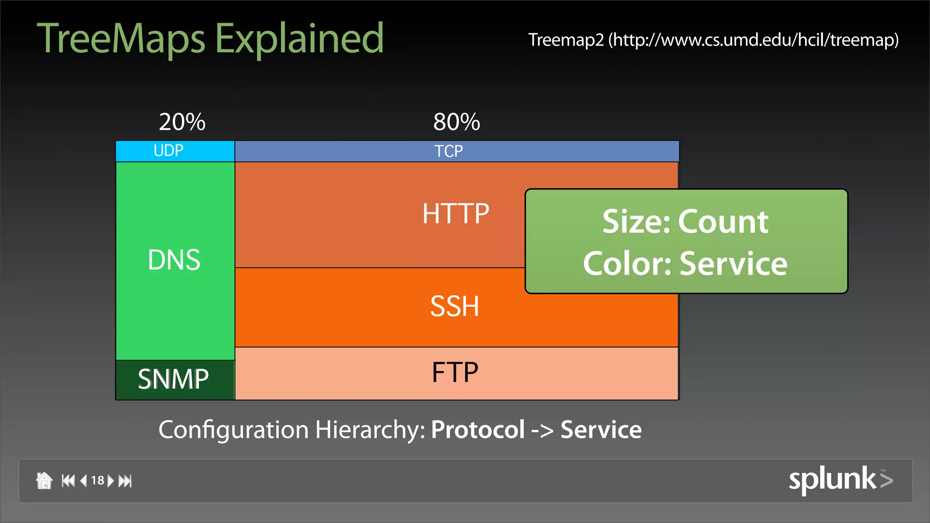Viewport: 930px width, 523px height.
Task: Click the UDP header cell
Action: (175, 151)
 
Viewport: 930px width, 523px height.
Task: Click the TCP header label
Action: (449, 151)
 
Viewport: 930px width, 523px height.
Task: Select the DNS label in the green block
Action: (174, 260)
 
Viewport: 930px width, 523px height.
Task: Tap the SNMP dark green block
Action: (174, 380)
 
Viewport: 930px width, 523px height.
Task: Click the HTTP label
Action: (455, 213)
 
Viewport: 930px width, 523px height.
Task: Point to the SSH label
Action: (455, 306)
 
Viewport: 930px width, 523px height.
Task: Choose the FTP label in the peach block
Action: (455, 373)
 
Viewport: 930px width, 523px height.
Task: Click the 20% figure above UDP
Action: (182, 122)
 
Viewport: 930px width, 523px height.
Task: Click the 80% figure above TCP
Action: (456, 122)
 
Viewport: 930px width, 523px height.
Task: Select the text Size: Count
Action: (685, 222)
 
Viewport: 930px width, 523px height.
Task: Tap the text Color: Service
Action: (685, 263)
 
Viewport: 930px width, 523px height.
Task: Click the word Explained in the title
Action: (299, 39)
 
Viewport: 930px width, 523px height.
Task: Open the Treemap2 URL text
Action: (713, 40)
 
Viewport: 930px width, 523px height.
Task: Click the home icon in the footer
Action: (44, 481)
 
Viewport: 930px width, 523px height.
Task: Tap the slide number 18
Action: (98, 481)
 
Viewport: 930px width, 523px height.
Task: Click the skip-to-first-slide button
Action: (68, 481)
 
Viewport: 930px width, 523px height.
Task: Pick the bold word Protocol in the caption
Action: (478, 429)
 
